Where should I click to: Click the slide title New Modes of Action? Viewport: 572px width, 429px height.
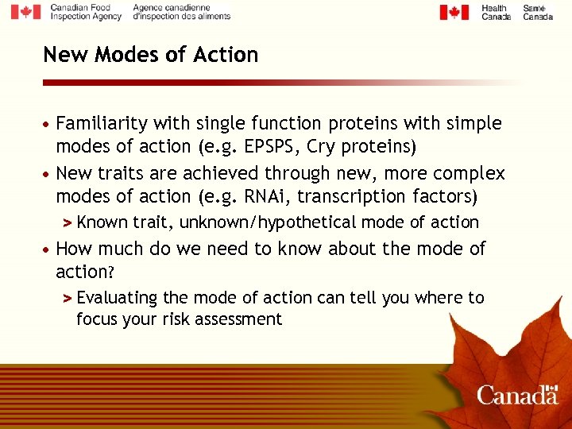150,55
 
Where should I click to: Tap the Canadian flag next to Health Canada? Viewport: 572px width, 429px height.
454,12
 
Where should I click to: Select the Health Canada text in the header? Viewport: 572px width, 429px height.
496,12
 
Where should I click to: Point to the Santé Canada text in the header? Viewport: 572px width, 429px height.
538,12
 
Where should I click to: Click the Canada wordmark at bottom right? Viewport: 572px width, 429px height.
517,395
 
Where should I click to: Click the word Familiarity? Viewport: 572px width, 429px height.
102,123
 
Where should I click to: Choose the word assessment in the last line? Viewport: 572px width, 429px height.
242,319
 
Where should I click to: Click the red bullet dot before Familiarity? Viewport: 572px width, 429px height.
48,125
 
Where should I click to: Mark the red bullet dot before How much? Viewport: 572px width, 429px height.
48,249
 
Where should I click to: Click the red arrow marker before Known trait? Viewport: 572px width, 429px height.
68,223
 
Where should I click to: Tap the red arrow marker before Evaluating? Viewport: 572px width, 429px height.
68,299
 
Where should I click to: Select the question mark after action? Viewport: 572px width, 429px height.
112,272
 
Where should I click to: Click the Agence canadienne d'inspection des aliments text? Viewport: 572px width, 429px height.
181,12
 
